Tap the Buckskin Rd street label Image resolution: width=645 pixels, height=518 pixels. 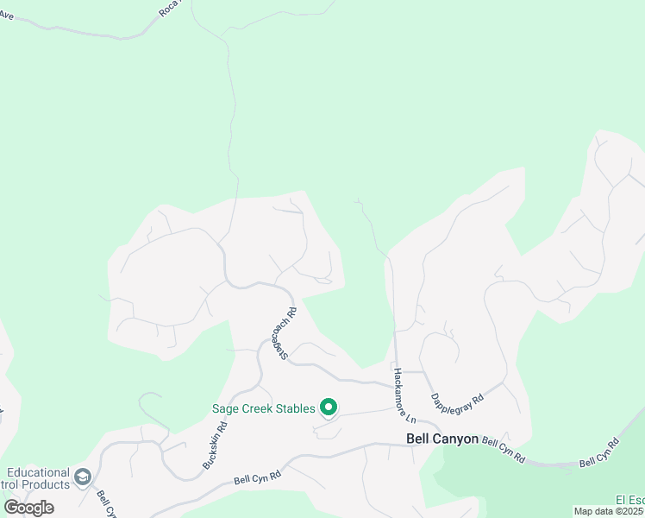pos(216,445)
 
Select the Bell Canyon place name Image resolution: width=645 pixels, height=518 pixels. pos(442,439)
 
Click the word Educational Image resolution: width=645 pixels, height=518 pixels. pos(38,472)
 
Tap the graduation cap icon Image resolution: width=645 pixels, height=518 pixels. pos(83,477)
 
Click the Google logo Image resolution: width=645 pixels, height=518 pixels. pos(29,507)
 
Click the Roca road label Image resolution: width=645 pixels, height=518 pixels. pos(170,9)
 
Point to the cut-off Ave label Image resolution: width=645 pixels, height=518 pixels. pos(7,16)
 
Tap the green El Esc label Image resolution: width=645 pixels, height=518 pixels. pos(629,500)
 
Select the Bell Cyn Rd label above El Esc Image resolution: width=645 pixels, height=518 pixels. pos(599,453)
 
